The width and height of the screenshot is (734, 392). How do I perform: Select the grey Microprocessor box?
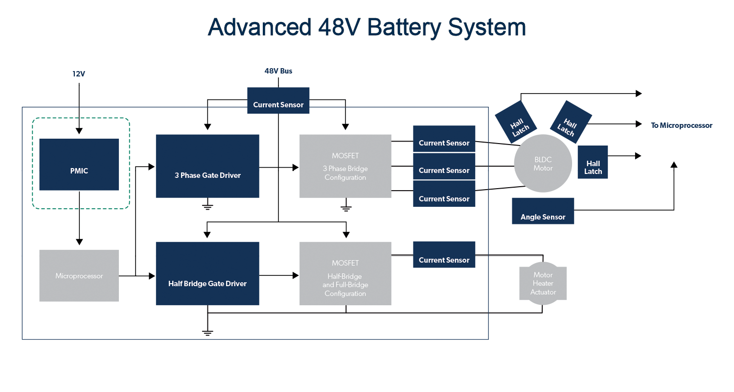click(x=79, y=276)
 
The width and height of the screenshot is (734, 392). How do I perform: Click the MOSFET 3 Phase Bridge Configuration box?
click(x=345, y=167)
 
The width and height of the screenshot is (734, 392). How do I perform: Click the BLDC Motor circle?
click(x=543, y=164)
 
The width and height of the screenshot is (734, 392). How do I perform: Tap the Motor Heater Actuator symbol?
click(x=543, y=283)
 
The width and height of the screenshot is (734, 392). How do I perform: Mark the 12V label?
click(x=79, y=74)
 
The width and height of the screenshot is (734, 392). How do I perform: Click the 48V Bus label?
click(x=278, y=71)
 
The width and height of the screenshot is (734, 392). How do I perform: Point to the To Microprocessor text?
click(x=681, y=125)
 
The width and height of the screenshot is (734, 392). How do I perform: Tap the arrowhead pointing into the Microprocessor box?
click(x=79, y=242)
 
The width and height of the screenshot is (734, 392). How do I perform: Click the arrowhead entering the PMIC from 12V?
click(x=79, y=131)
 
